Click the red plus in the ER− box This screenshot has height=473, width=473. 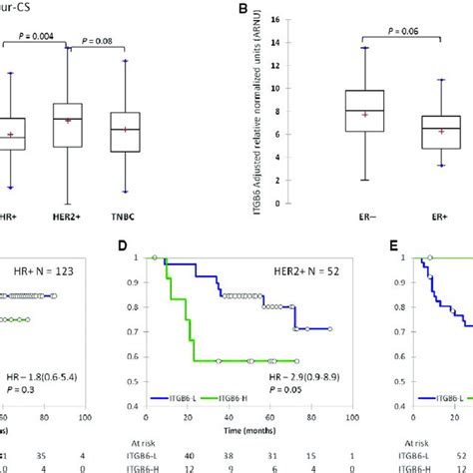pos(338,115)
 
